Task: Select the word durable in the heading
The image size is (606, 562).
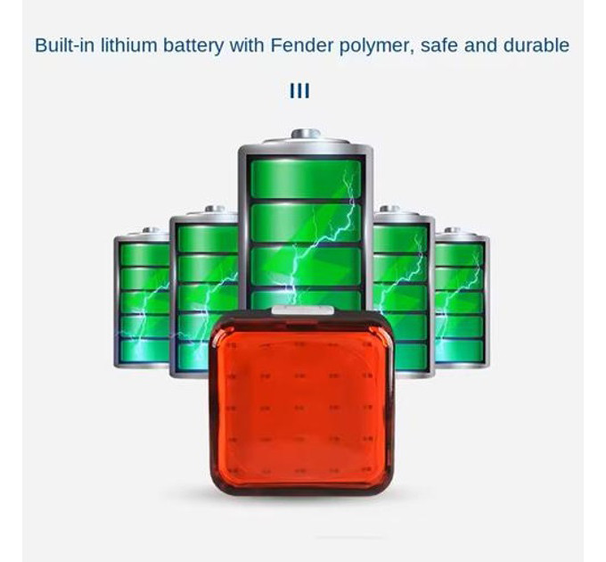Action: click(536, 45)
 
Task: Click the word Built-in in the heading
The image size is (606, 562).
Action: click(65, 45)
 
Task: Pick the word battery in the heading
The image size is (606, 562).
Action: click(193, 46)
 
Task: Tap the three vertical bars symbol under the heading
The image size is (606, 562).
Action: click(299, 91)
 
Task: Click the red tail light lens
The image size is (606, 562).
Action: click(301, 403)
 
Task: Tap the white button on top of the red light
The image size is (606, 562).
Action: click(303, 310)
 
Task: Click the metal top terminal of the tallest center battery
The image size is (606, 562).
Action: click(306, 134)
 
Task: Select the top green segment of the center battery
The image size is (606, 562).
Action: click(306, 179)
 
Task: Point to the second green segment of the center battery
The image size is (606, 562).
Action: click(306, 223)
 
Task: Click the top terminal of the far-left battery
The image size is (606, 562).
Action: click(151, 230)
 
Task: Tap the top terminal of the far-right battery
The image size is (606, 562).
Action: click(452, 230)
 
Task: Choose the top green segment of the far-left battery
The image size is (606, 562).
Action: click(144, 255)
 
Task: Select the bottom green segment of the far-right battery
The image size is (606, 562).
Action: click(459, 351)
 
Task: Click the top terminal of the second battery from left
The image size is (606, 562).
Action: click(215, 209)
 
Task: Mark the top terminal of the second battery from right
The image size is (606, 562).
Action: click(389, 209)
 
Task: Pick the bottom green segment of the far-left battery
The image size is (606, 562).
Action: click(144, 351)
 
